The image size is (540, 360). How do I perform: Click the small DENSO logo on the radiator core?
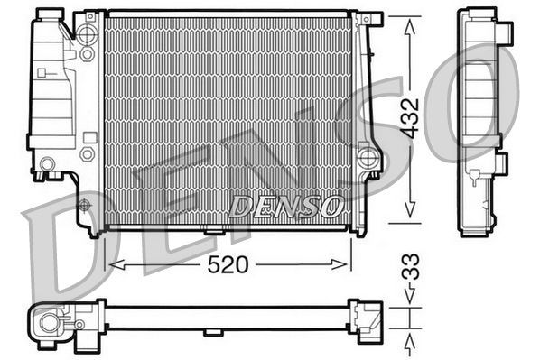(285, 207)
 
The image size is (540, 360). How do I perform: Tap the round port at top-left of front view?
(88, 36)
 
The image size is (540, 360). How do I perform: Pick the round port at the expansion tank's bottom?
(47, 163)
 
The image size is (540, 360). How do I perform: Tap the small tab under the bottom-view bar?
(215, 332)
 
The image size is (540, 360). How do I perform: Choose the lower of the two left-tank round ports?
(88, 154)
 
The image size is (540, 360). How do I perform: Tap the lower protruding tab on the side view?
(502, 164)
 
